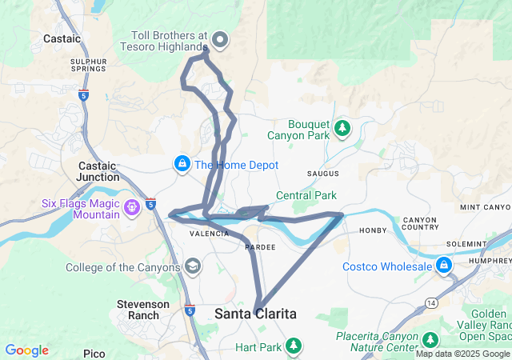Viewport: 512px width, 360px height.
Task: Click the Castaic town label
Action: pos(62,38)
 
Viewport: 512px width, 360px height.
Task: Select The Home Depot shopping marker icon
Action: pos(183,164)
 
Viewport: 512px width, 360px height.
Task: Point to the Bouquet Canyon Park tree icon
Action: pos(342,128)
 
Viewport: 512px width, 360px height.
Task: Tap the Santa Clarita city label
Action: pos(255,314)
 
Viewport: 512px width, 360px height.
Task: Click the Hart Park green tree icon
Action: pos(294,346)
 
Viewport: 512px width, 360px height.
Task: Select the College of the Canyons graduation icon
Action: pos(192,266)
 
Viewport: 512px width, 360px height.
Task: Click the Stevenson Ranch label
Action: pos(143,310)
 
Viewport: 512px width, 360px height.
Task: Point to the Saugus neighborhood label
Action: pos(323,174)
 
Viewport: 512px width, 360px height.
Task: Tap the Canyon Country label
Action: pos(420,224)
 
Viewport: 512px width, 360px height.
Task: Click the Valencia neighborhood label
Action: pos(210,234)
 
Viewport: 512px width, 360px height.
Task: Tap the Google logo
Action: pos(27,350)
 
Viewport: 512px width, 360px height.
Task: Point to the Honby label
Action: pos(373,231)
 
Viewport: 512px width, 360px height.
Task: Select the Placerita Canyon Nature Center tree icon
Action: pos(430,340)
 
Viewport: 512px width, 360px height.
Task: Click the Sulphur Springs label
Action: pos(88,65)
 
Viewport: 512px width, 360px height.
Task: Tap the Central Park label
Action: pos(306,195)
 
